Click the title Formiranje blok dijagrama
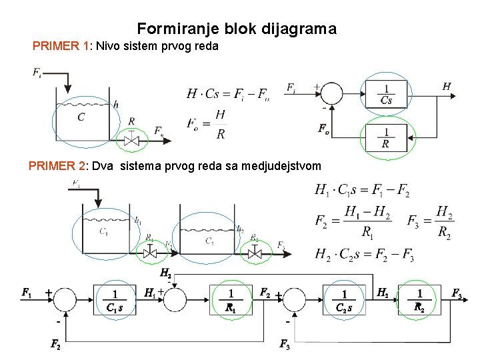click(x=237, y=29)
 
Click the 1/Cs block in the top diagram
click(x=386, y=94)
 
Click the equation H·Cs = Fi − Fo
click(x=228, y=93)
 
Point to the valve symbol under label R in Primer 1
click(x=131, y=140)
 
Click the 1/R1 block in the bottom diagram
click(x=231, y=300)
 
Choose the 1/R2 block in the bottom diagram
click(x=419, y=300)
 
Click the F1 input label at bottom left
click(x=27, y=292)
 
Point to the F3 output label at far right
click(x=457, y=293)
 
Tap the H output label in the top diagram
click(x=447, y=86)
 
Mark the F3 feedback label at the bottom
click(x=285, y=345)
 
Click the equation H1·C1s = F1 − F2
click(x=362, y=191)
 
